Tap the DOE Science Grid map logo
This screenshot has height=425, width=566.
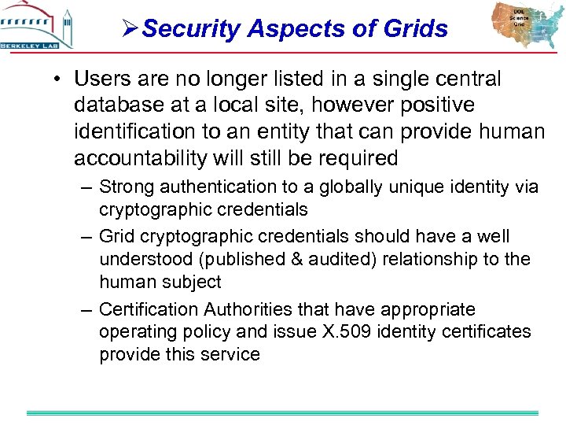(x=520, y=25)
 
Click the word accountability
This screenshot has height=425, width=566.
(x=141, y=158)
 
